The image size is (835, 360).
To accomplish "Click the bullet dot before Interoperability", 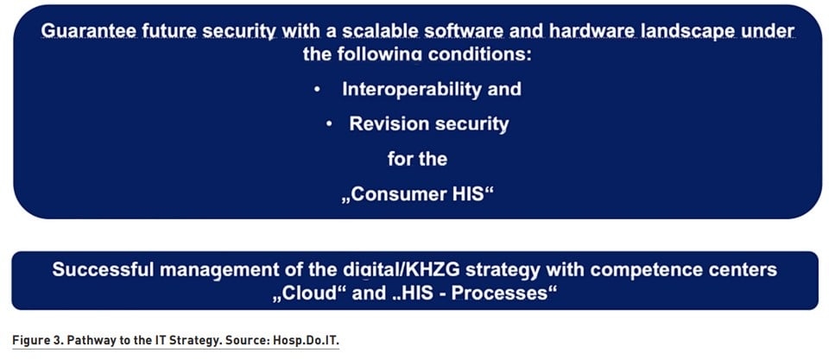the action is [x=317, y=90].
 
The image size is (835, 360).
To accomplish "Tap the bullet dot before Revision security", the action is [x=329, y=124].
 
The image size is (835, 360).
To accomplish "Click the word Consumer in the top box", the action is [x=399, y=194].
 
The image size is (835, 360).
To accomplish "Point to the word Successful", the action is [x=104, y=269].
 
